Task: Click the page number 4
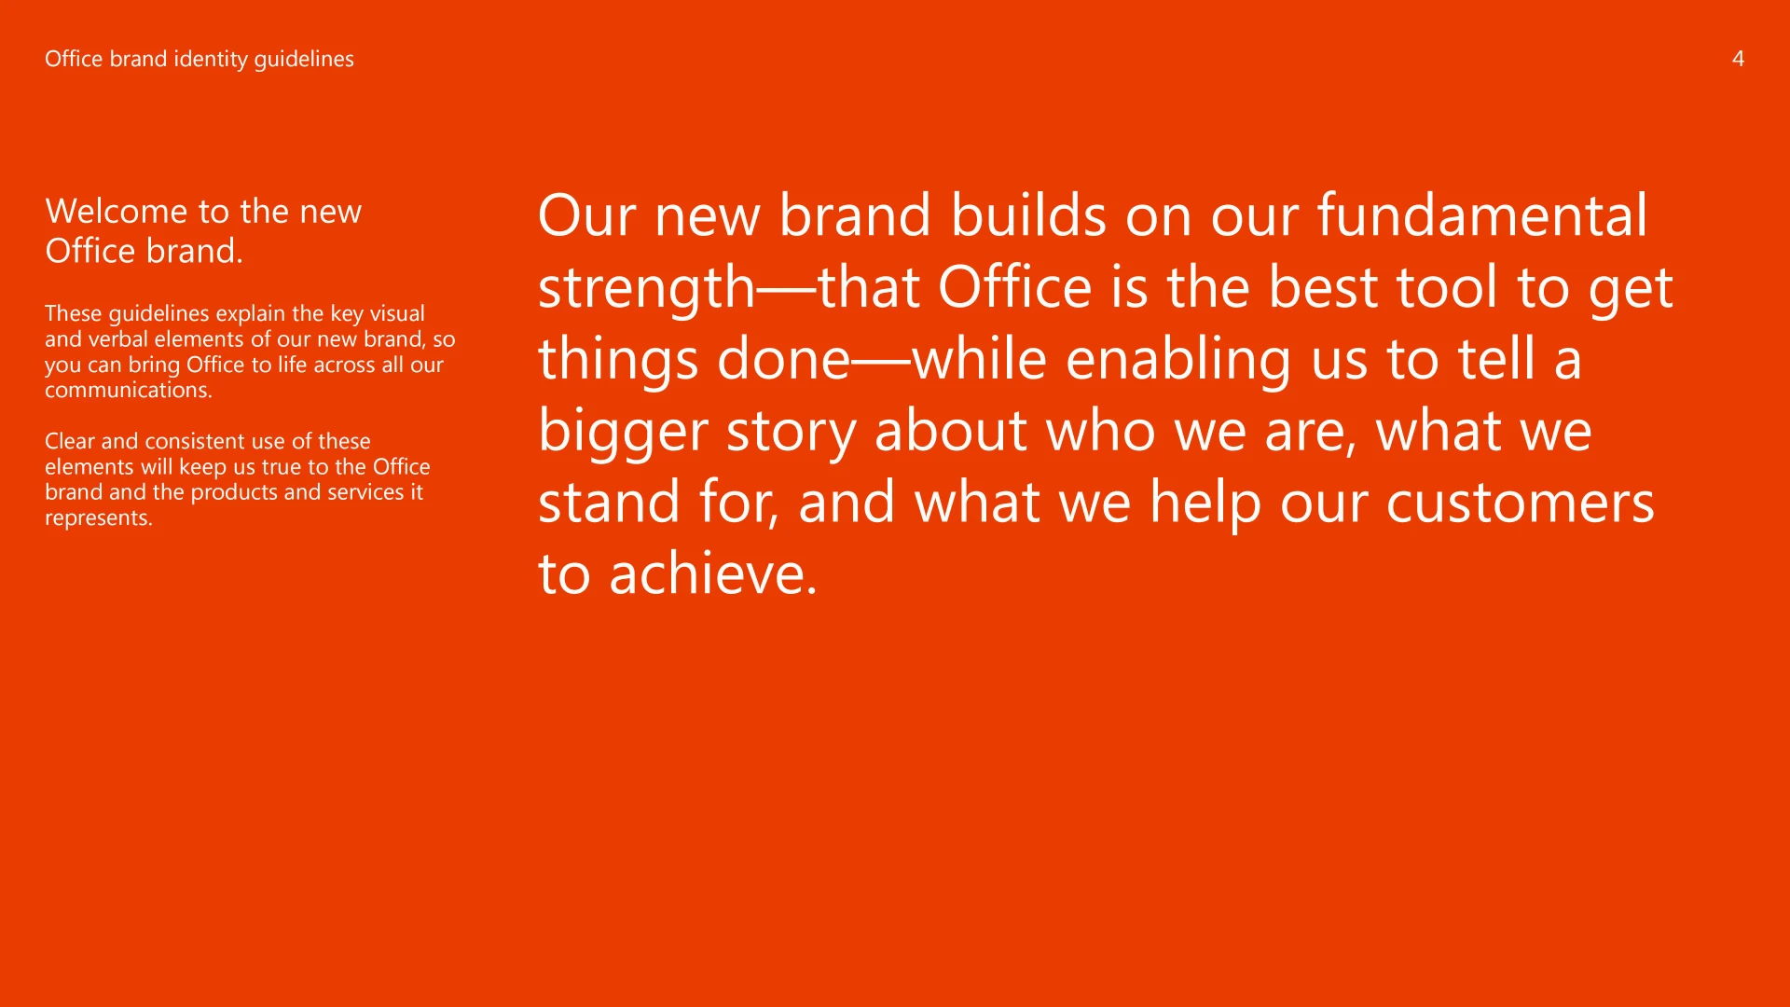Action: coord(1738,59)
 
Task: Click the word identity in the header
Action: coord(211,60)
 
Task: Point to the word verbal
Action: coord(117,339)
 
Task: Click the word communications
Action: coord(129,391)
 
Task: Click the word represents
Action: coord(99,518)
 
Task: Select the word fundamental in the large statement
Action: coord(1482,215)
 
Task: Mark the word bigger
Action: coord(623,433)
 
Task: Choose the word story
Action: coord(792,433)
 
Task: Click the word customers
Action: coord(1521,504)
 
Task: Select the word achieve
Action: coord(713,573)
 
